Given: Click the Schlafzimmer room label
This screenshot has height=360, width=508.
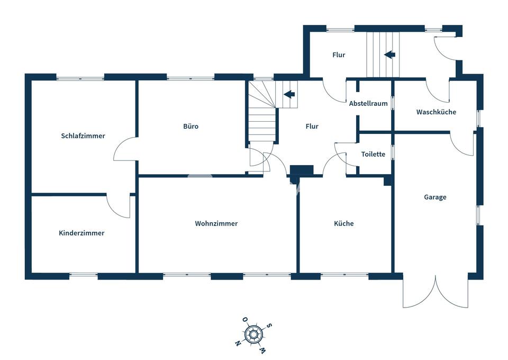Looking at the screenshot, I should pos(83,136).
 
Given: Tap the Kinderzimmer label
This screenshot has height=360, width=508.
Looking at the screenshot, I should pos(81,233).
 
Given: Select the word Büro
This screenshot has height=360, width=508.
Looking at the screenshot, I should pos(190,127).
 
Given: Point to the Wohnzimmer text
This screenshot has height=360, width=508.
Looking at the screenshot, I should pos(216,223).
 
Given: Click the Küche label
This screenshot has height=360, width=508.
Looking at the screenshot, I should pos(343,223).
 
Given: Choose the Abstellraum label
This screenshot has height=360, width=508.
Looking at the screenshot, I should pos(368,104).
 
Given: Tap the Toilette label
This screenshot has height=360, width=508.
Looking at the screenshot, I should pos(373,155).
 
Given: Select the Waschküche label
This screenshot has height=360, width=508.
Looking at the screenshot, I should pos(436,112).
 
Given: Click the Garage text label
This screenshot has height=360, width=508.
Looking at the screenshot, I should pos(435,197).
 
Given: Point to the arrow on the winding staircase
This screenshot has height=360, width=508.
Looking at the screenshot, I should pos(289,94).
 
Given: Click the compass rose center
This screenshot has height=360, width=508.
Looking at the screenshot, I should pos(254,335).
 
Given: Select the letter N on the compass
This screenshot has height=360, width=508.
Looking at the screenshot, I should pos(238,344).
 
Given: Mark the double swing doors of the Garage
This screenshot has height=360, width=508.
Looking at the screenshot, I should pos(436,292).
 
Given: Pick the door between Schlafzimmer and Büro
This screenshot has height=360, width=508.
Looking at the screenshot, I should pos(125,149).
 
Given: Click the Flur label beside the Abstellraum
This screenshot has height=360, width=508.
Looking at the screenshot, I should pos(312,127).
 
